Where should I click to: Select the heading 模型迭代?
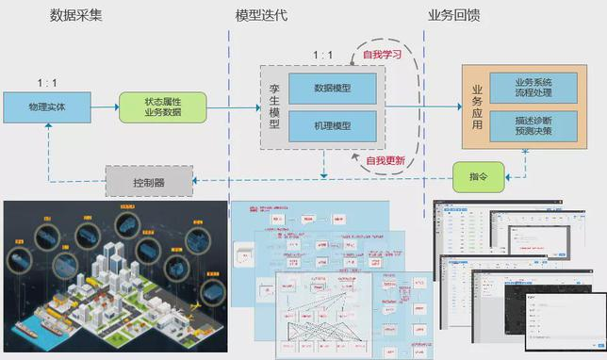267,16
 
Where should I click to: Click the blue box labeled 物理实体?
46,107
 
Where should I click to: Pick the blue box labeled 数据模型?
332,89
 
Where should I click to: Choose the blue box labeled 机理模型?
332,126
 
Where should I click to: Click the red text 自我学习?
382,56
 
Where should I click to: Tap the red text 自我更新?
385,161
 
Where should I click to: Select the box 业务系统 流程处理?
533,90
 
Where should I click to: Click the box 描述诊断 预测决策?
533,125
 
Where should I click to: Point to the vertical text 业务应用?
477,107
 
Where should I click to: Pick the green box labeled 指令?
477,175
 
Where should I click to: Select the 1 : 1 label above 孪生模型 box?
322,56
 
